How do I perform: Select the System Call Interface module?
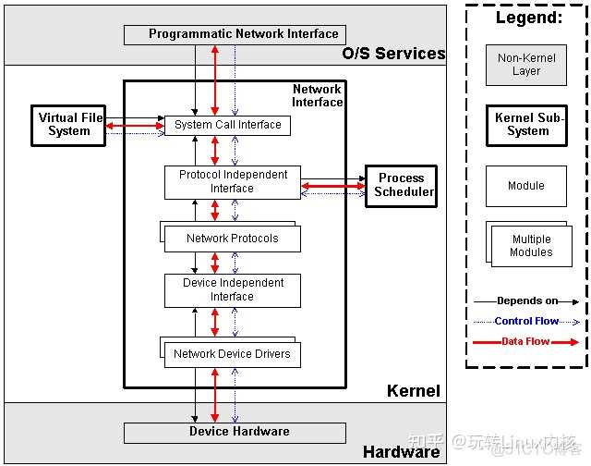227,125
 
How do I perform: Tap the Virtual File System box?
70,125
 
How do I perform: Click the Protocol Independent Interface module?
233,181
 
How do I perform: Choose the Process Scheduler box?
401,185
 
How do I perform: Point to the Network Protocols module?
232,239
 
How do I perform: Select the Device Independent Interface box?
233,290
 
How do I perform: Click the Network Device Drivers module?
232,354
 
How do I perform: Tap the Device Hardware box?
235,432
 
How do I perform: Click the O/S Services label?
393,54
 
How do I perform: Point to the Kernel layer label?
413,391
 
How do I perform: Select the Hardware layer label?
401,452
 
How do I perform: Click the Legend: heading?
526,18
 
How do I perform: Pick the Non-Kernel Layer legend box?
525,65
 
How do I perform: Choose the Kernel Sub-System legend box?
526,125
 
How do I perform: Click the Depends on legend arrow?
526,301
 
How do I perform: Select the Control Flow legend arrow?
526,322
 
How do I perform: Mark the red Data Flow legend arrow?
526,342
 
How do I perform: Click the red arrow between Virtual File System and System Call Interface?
133,125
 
